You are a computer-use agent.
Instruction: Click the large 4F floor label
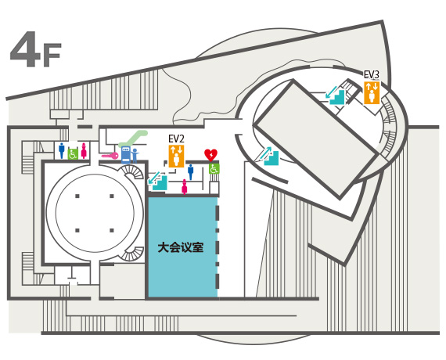(x=35, y=49)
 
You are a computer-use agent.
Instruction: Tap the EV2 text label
(x=176, y=139)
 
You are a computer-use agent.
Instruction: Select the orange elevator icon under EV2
(x=176, y=156)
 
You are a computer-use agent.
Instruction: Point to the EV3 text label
(x=372, y=74)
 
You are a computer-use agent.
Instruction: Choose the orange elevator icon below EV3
(x=372, y=93)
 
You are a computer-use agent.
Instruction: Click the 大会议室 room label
(x=181, y=247)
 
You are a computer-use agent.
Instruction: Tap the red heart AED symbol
(x=210, y=155)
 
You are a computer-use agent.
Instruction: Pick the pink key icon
(x=110, y=156)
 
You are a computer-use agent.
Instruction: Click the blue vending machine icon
(x=125, y=155)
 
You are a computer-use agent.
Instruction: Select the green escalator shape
(x=133, y=139)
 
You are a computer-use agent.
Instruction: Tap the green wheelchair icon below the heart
(x=214, y=168)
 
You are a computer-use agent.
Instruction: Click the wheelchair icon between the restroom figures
(x=73, y=154)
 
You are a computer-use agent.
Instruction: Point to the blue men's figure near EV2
(x=191, y=172)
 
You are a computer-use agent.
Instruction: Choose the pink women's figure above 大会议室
(x=185, y=187)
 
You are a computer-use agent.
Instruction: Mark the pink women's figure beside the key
(x=84, y=150)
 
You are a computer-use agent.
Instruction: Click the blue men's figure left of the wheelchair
(x=62, y=150)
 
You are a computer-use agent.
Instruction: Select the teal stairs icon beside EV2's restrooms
(x=157, y=181)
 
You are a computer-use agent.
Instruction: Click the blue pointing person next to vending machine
(x=135, y=156)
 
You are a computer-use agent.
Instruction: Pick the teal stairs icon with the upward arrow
(x=269, y=156)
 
